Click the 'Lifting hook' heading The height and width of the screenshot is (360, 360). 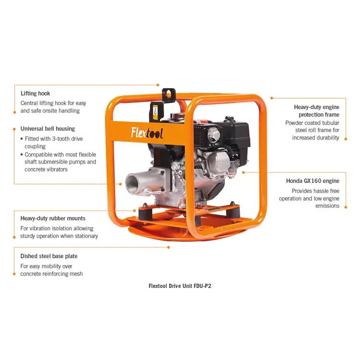[x=35, y=93]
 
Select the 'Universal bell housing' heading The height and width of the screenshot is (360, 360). [x=48, y=129]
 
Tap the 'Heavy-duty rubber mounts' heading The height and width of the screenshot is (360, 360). [x=53, y=218]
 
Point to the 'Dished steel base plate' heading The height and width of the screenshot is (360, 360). [x=48, y=256]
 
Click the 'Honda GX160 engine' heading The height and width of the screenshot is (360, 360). [x=312, y=181]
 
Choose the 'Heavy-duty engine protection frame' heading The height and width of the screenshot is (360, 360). [x=316, y=111]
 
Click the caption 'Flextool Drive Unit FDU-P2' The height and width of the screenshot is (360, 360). [x=180, y=286]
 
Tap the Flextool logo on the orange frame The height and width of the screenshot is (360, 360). [x=147, y=132]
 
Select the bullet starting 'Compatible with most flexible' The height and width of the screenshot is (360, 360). [x=60, y=162]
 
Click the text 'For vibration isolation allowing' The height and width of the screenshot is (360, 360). [x=57, y=228]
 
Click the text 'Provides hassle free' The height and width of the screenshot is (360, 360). [x=315, y=191]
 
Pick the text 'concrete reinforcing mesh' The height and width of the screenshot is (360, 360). [x=51, y=274]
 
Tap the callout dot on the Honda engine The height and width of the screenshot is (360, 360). [x=244, y=172]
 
